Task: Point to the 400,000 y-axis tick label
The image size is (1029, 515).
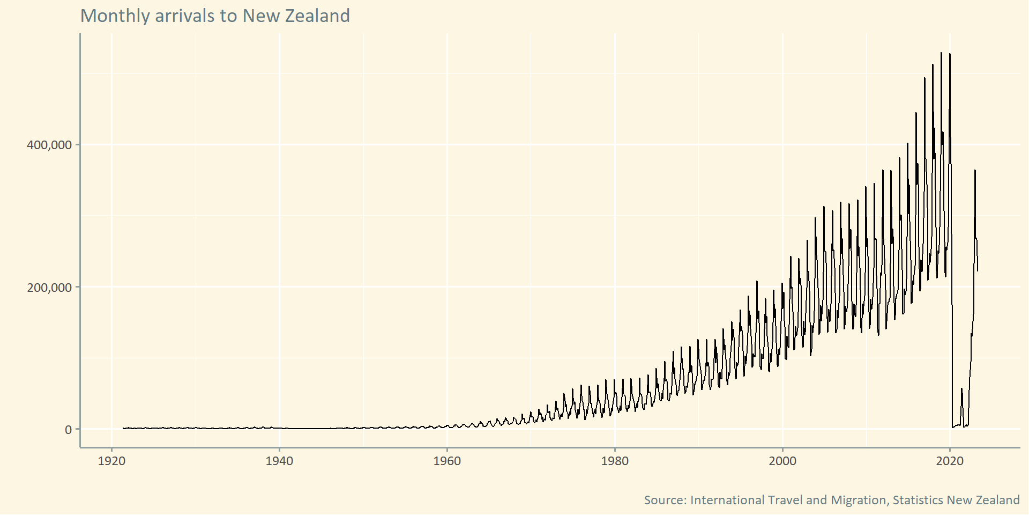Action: tap(49, 145)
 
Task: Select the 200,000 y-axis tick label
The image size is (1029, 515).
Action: tap(49, 288)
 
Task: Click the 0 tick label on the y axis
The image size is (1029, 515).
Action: tap(68, 430)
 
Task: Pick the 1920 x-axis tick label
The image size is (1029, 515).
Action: tap(111, 461)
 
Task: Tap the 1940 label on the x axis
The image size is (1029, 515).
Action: tap(279, 461)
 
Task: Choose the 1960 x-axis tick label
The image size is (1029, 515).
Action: tap(447, 461)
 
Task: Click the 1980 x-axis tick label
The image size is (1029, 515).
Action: tap(615, 461)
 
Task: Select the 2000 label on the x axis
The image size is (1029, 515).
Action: tap(782, 461)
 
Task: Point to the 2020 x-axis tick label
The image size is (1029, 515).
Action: tap(950, 461)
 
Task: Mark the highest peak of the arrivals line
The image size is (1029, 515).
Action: tap(941, 53)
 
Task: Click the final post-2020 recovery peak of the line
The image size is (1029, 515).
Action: tap(975, 171)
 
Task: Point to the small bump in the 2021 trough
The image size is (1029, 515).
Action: tap(961, 389)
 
